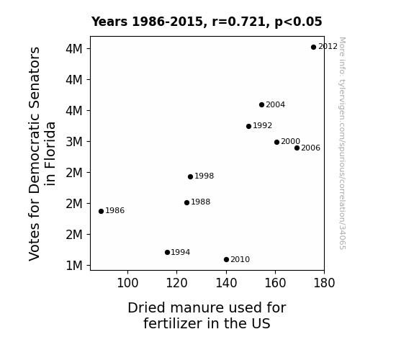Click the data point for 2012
click(313, 48)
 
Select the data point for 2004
click(261, 105)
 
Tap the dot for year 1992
click(248, 126)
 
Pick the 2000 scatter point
click(276, 142)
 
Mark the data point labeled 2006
click(297, 148)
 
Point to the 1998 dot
click(190, 176)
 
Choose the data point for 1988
click(187, 202)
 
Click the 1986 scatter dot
click(101, 211)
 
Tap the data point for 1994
click(167, 252)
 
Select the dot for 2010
click(226, 260)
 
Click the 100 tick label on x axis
click(127, 283)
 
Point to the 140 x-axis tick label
click(226, 283)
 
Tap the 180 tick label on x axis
click(324, 283)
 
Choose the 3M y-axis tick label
click(74, 142)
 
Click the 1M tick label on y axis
click(74, 266)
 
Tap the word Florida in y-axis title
click(50, 153)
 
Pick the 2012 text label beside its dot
click(328, 47)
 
